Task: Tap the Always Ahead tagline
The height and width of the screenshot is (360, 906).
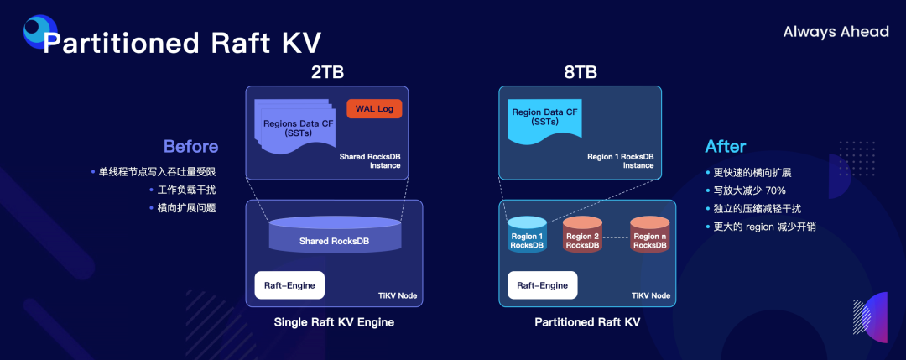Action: (836, 32)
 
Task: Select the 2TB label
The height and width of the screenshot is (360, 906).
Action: (327, 72)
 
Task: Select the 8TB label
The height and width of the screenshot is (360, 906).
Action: (581, 72)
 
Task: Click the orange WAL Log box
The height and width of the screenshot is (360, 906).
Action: (374, 109)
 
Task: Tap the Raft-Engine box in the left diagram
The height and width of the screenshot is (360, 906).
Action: (289, 285)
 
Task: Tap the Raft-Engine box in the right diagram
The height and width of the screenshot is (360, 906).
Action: (542, 285)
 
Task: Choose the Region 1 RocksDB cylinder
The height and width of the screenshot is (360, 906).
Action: (527, 235)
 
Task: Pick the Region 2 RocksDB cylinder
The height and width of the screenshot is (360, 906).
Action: (582, 235)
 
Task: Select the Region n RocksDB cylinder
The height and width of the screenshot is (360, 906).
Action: (649, 235)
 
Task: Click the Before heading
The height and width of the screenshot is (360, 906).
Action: (190, 146)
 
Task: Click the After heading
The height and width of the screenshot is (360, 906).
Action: (725, 146)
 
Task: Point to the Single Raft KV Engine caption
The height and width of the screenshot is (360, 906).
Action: (334, 322)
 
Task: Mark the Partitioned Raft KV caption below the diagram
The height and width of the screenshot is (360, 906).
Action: (586, 322)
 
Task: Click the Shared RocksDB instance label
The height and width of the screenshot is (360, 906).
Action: (370, 161)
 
